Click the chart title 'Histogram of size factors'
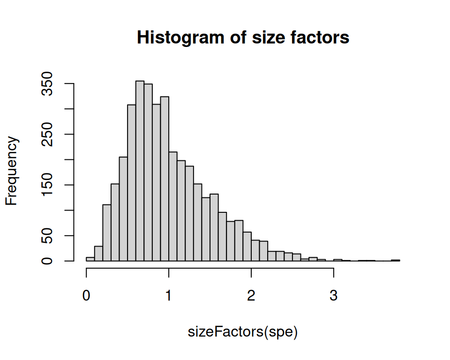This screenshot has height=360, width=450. [243, 37]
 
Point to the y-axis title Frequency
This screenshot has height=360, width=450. [12, 172]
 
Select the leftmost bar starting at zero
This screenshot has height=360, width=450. [90, 259]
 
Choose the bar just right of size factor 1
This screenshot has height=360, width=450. [173, 206]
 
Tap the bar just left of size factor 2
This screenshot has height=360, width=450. [247, 247]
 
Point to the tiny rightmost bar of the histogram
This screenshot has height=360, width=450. [396, 260]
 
